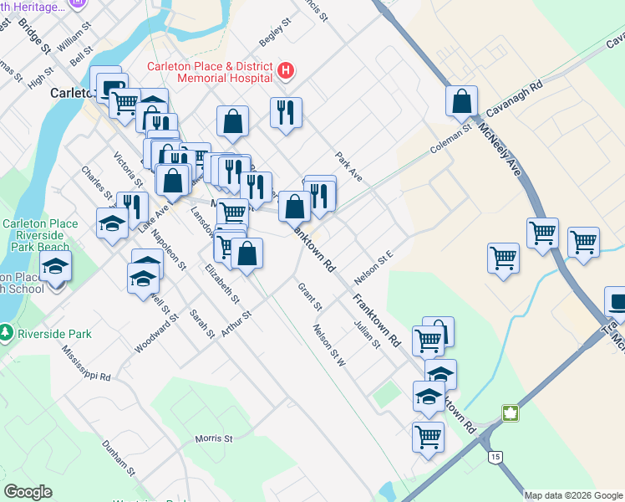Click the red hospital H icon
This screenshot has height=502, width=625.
click(286, 71)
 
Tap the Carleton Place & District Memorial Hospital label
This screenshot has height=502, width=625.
click(210, 72)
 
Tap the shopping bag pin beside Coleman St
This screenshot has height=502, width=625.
click(461, 101)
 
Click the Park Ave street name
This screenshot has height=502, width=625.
click(349, 166)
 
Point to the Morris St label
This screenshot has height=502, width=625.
click(214, 438)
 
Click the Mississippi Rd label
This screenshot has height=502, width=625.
click(86, 365)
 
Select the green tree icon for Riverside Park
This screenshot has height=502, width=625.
click(7, 334)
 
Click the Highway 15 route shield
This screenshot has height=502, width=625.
click(496, 457)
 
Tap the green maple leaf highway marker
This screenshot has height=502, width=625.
click(509, 413)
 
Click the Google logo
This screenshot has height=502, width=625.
click(28, 491)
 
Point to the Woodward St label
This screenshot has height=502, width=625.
click(155, 333)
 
